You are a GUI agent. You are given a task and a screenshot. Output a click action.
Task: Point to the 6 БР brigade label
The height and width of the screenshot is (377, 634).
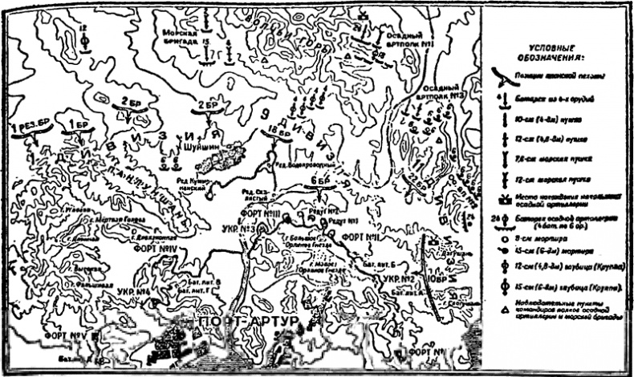click(315, 184)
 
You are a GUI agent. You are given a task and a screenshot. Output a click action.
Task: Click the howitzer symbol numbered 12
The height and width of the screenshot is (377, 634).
click(84, 38)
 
